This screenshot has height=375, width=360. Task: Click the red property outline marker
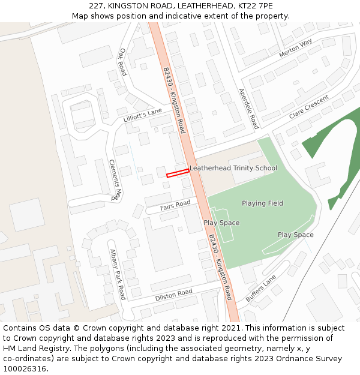[178, 173]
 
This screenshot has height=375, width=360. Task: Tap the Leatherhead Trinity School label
[233, 168]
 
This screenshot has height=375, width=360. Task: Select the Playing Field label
[262, 203]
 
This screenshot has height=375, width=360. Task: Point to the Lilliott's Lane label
[143, 115]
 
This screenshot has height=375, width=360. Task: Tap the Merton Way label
[295, 49]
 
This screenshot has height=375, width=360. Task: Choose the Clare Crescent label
[309, 107]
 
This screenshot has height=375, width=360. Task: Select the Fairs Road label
[175, 206]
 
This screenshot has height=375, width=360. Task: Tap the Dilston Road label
[173, 295]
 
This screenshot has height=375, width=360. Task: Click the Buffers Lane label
[260, 289]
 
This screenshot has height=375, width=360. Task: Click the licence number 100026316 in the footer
[23, 369]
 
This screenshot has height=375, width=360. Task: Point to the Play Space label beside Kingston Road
[221, 223]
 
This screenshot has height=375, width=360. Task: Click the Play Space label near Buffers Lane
[295, 235]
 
